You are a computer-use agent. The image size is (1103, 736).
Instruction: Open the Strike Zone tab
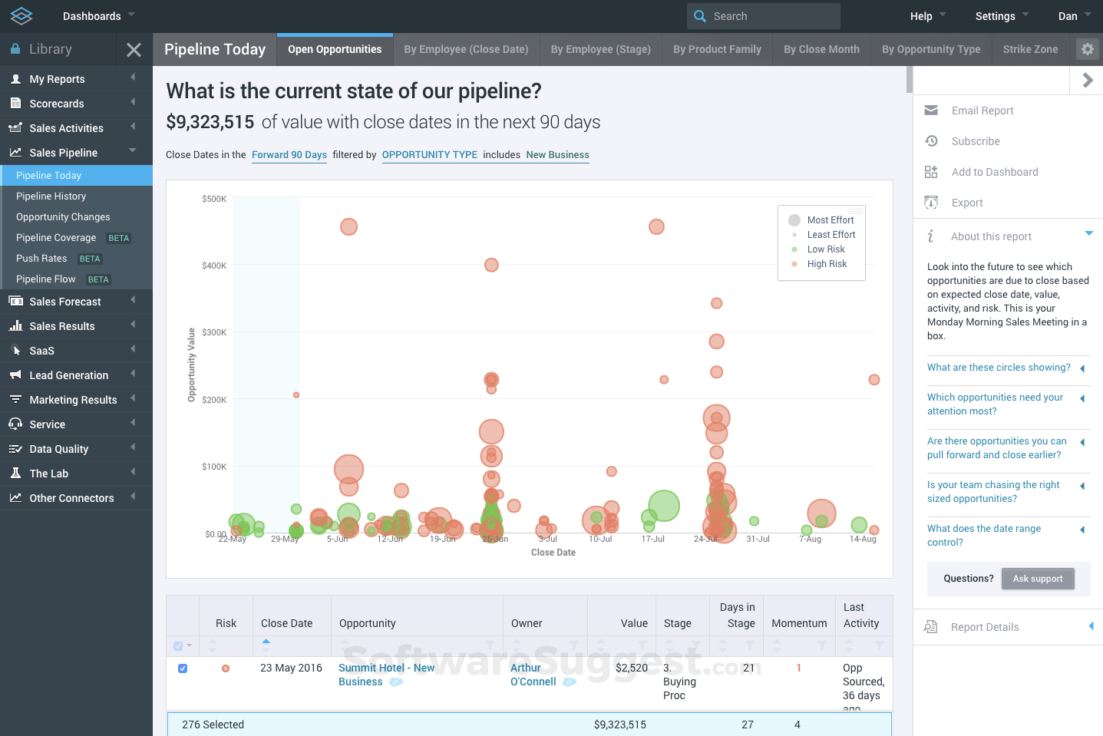click(1030, 49)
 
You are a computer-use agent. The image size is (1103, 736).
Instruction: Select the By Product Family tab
click(717, 49)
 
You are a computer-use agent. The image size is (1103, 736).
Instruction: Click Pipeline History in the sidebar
click(51, 196)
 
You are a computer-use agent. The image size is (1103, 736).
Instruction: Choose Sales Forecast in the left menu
click(65, 302)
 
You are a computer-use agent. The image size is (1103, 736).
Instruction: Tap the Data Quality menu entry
click(59, 449)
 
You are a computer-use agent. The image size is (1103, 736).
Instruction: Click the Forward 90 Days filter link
click(289, 155)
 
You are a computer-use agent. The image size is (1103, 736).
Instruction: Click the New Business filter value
click(557, 155)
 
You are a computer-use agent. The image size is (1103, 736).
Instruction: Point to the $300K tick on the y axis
click(214, 332)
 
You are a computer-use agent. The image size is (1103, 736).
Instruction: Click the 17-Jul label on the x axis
click(652, 539)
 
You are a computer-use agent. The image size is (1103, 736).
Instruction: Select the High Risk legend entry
click(827, 264)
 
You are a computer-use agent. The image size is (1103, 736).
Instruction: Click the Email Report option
click(982, 111)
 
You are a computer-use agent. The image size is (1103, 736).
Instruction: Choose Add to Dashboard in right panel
click(994, 172)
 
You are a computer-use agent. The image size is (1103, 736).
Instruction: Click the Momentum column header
click(799, 623)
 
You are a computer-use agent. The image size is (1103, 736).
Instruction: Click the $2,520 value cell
click(631, 668)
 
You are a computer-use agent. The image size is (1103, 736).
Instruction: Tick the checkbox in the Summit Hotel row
click(183, 668)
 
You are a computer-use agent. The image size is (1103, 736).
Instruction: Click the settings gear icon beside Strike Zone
click(1087, 49)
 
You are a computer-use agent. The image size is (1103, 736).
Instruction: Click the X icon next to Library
click(134, 50)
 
